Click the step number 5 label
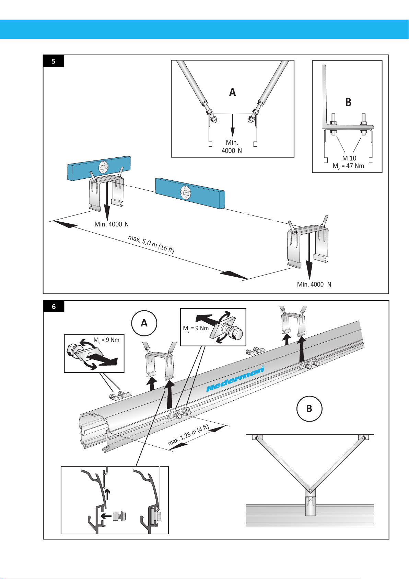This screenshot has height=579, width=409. tap(54, 61)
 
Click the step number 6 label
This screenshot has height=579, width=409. tap(54, 306)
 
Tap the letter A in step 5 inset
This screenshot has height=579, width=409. tap(232, 92)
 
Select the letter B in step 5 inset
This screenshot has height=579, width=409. tap(348, 102)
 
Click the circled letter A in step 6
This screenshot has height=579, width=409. tap(144, 323)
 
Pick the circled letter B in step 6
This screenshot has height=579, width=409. tap(309, 408)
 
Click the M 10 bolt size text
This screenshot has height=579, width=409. tap(349, 158)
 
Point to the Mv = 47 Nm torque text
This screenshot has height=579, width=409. tap(348, 166)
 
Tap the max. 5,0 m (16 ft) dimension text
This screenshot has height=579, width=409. tap(151, 244)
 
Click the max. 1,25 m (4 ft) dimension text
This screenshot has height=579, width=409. tap(188, 435)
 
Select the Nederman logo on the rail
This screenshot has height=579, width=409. tap(235, 379)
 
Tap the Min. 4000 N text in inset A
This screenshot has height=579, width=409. tap(232, 146)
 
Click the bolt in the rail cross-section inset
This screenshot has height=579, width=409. tap(120, 515)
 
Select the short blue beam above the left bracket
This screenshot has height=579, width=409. tap(98, 167)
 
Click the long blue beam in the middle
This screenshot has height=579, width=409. tap(190, 193)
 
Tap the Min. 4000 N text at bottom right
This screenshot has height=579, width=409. tap(314, 285)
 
